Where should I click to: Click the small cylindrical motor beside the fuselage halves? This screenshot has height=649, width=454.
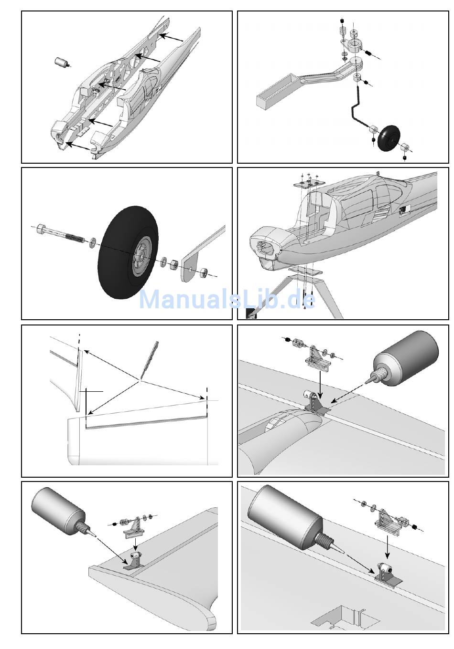click(61, 62)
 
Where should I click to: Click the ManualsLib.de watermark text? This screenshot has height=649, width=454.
click(227, 300)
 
